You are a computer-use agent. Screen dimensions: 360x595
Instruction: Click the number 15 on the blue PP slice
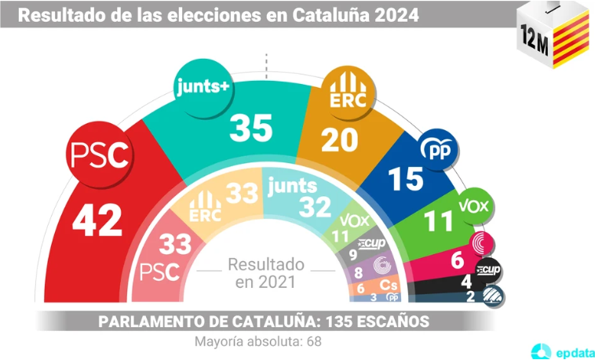coord(407,180)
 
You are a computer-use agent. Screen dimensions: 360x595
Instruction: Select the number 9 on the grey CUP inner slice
coord(352,253)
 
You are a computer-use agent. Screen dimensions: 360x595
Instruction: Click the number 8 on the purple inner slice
coord(359,272)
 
